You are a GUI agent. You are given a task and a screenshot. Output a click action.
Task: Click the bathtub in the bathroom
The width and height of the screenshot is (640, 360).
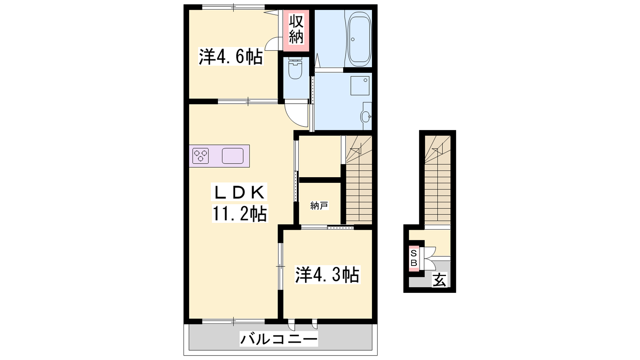point(360,38)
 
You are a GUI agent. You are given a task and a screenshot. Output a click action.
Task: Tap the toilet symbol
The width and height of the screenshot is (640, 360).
point(295,68)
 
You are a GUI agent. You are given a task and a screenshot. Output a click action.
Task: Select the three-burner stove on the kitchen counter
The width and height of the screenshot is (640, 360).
point(200,156)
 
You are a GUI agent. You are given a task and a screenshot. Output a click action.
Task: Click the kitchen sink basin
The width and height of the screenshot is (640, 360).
point(232,156)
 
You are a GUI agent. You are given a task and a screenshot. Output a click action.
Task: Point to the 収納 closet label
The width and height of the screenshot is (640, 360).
point(296,30)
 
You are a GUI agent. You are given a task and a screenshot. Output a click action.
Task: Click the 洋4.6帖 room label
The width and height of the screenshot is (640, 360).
point(230,57)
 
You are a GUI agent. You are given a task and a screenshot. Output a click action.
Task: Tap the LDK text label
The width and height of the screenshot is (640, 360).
point(239,192)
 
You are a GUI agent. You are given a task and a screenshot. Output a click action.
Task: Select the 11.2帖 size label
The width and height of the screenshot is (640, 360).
point(240,214)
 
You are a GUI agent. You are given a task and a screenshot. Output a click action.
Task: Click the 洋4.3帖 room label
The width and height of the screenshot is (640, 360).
point(327,275)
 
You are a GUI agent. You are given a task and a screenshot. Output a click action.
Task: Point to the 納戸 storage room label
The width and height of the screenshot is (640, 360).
point(319,206)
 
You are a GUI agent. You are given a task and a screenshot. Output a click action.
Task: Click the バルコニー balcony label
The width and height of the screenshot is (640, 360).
point(278,339)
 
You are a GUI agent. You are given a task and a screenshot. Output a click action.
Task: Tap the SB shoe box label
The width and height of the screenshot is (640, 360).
point(414,258)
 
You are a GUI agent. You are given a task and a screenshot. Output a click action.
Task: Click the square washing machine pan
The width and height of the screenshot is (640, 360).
point(360,86)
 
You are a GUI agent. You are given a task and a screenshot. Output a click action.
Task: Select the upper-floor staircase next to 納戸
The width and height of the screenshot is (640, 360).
point(359,180)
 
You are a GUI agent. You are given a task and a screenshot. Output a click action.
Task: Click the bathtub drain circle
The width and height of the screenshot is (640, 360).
point(353,40)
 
